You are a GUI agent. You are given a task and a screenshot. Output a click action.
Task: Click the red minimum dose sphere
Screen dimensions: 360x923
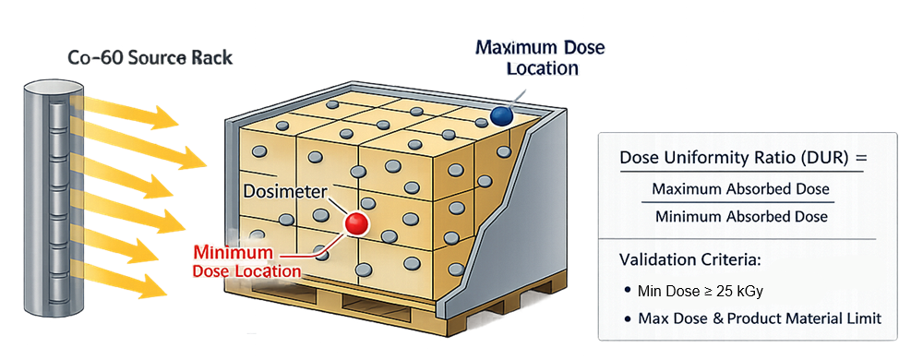355,223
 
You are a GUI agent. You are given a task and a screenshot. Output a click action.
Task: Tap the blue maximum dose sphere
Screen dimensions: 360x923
501,115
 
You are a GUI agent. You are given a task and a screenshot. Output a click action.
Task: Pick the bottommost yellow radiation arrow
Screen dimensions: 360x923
138,282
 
